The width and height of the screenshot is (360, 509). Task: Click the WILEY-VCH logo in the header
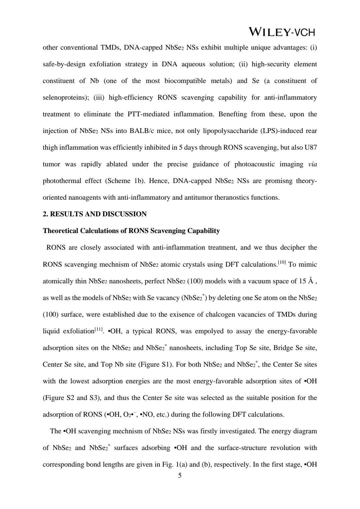[x=282, y=32]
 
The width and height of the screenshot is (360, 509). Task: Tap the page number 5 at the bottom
[x=180, y=476]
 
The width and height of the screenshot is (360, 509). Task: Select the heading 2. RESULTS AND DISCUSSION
[x=95, y=214]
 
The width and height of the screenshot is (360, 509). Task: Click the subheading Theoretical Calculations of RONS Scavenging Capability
[x=131, y=231]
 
